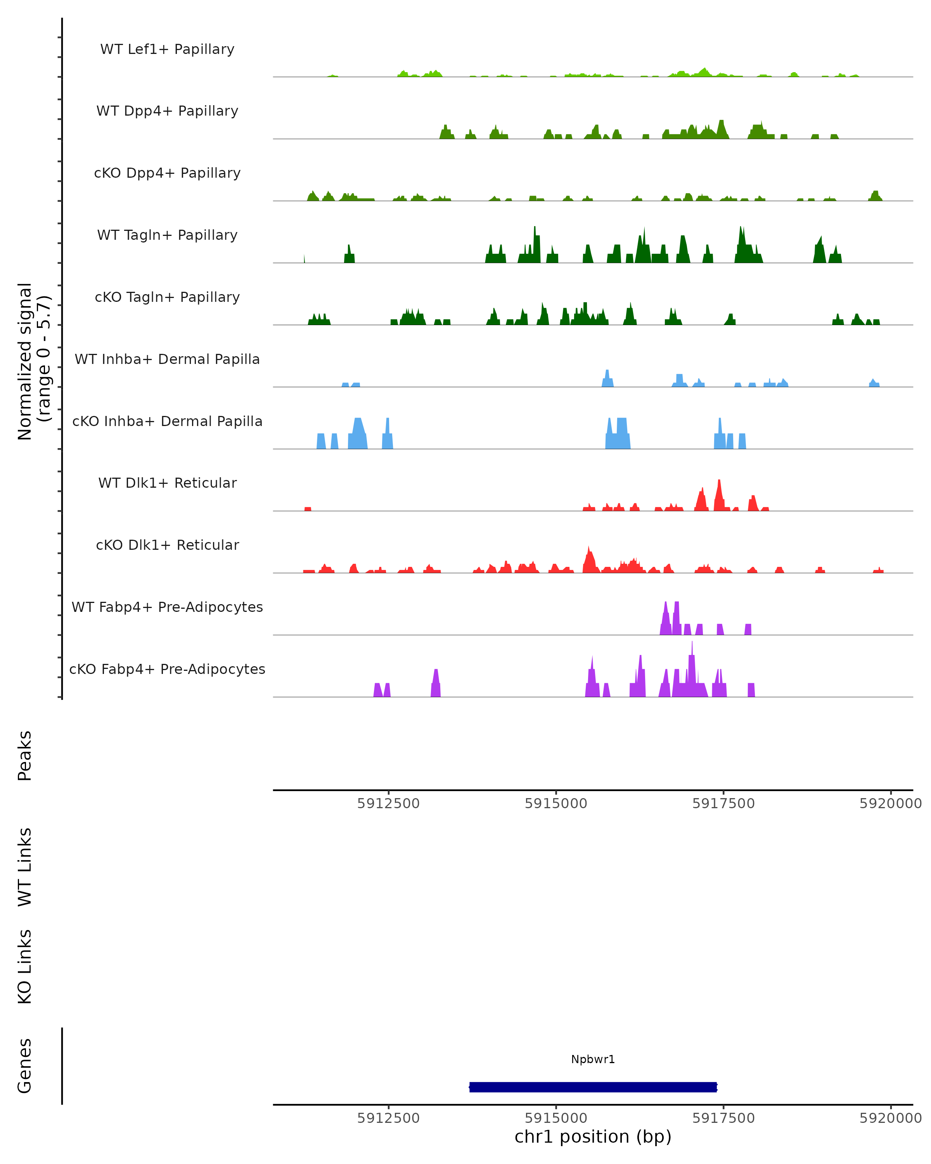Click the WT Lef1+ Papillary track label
[167, 49]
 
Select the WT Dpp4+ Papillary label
[167, 111]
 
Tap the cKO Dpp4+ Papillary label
[167, 173]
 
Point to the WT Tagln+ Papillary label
[167, 236]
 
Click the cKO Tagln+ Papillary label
[167, 298]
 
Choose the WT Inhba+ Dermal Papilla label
[167, 360]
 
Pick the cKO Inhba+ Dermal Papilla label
[167, 422]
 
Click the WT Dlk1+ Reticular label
[167, 483]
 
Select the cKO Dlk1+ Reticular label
[167, 545]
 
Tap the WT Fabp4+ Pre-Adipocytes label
[167, 607]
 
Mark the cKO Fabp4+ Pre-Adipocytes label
[167, 669]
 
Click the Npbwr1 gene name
[593, 1059]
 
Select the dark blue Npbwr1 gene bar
[593, 1087]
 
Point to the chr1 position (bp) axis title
[593, 1136]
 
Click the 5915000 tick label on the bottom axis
[556, 1117]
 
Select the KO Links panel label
[25, 967]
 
